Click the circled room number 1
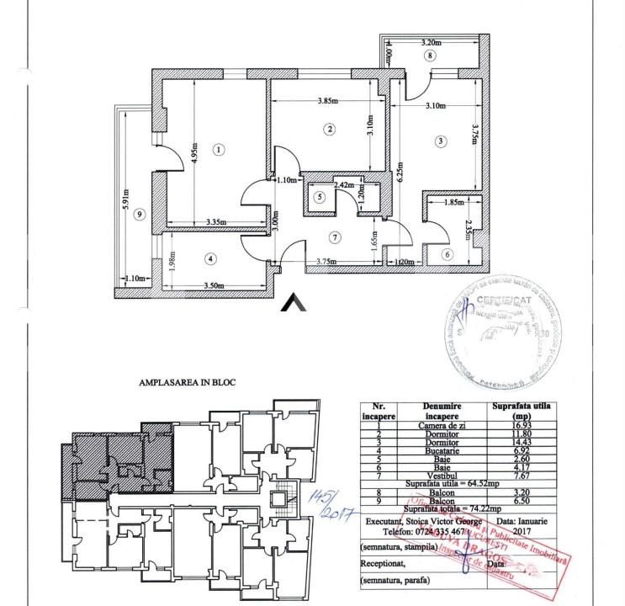(x=219, y=150)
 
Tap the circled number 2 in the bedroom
(x=330, y=129)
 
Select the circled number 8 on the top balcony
(x=430, y=56)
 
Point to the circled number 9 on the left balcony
(x=140, y=214)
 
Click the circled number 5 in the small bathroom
(x=318, y=197)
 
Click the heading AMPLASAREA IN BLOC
(x=187, y=382)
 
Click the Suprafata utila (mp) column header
(x=521, y=410)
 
